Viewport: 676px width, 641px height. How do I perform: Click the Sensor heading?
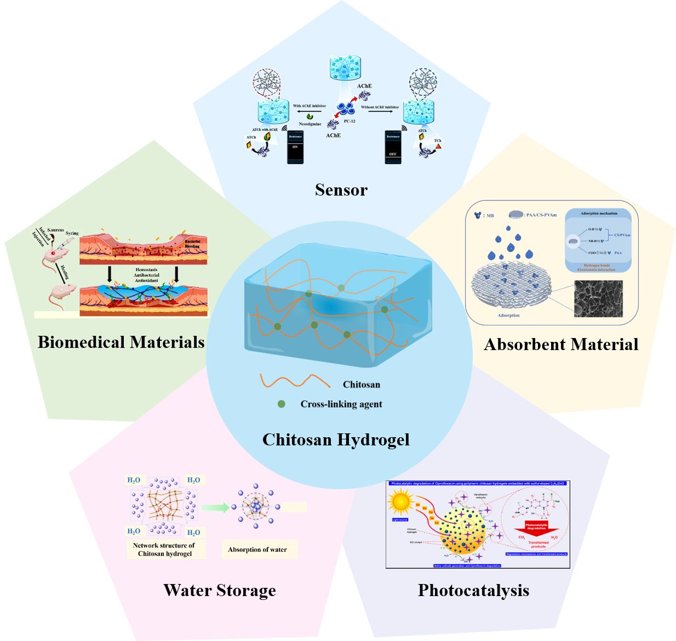pyautogui.click(x=341, y=190)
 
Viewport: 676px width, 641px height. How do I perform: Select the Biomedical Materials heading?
pyautogui.click(x=121, y=342)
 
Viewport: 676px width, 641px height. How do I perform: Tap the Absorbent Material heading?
pyautogui.click(x=561, y=345)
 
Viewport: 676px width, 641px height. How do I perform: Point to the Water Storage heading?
pyautogui.click(x=220, y=591)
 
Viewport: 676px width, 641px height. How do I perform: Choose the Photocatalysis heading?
pyautogui.click(x=473, y=591)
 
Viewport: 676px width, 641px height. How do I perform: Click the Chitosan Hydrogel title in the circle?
pyautogui.click(x=336, y=440)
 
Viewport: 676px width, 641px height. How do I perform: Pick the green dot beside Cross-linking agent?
pyautogui.click(x=282, y=404)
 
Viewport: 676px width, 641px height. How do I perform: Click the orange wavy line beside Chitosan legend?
pyautogui.click(x=295, y=381)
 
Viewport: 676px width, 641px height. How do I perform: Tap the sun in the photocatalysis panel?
pyautogui.click(x=400, y=501)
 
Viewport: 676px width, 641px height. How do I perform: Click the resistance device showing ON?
pyautogui.click(x=295, y=147)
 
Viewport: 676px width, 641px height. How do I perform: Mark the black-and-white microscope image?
pyautogui.click(x=598, y=299)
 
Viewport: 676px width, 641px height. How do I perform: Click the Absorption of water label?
pyautogui.click(x=257, y=550)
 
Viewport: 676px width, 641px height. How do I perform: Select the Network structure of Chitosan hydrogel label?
pyautogui.click(x=164, y=550)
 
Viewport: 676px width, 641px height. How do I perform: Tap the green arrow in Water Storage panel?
pyautogui.click(x=215, y=508)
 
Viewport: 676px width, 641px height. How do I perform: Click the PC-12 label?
pyautogui.click(x=349, y=121)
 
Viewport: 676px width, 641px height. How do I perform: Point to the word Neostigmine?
pyautogui.click(x=310, y=124)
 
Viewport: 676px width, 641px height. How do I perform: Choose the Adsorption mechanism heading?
pyautogui.click(x=599, y=213)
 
